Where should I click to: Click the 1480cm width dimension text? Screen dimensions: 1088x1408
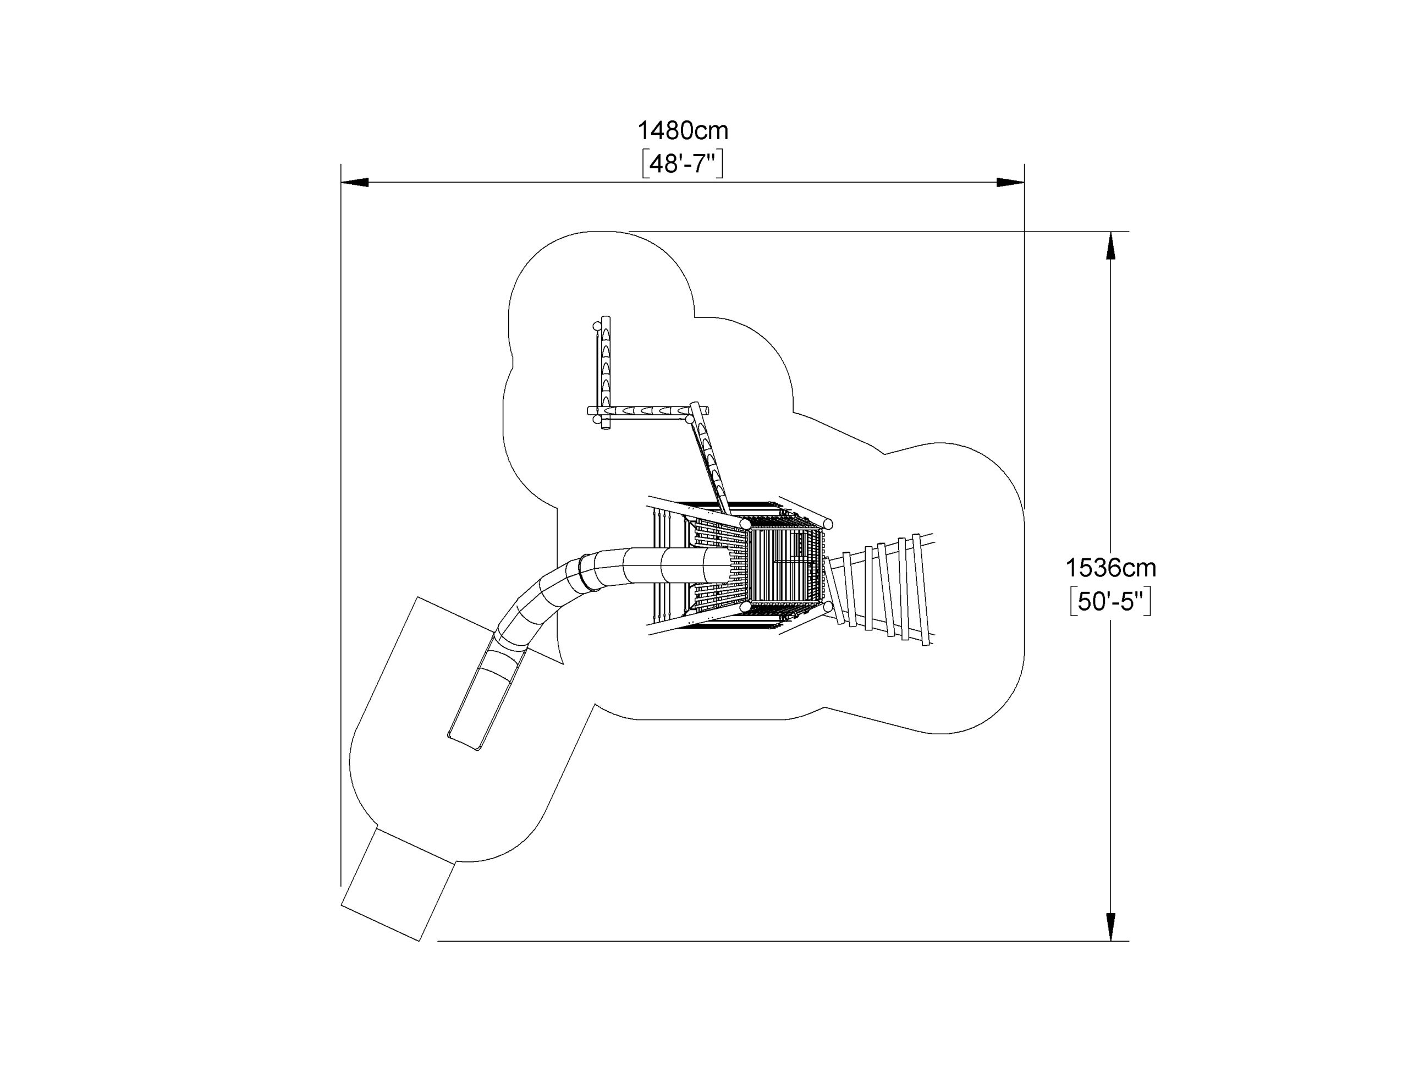[x=683, y=131]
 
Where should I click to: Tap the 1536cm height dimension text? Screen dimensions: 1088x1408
[x=1110, y=568]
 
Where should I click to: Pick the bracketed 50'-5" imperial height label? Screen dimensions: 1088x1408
[x=1110, y=602]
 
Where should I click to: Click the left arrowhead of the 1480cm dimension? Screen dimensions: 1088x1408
[x=355, y=183]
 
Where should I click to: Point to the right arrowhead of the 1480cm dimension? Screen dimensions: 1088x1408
[x=1010, y=183]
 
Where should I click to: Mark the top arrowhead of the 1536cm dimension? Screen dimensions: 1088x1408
[x=1110, y=246]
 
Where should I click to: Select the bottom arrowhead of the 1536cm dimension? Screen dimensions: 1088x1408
[x=1110, y=927]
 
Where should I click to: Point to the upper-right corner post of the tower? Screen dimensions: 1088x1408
[x=828, y=523]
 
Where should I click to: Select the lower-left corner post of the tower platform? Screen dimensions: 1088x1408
[x=745, y=607]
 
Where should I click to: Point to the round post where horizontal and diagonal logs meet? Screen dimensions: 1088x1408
[x=690, y=419]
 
